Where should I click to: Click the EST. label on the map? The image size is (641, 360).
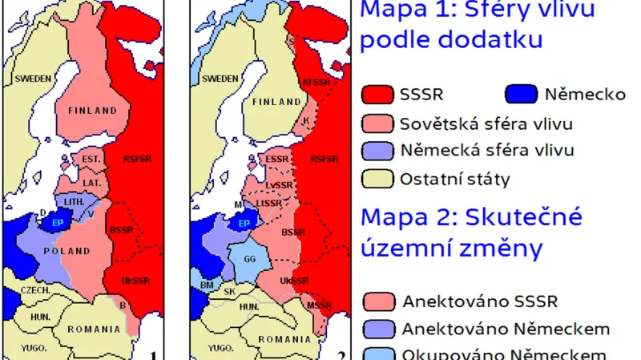(91, 160)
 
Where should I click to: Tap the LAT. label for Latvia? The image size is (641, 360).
(91, 184)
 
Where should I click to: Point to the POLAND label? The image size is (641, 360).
(67, 251)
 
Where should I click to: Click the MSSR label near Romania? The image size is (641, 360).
(319, 305)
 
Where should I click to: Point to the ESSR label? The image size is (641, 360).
(276, 159)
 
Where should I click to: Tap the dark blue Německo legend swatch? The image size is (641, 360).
(521, 95)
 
